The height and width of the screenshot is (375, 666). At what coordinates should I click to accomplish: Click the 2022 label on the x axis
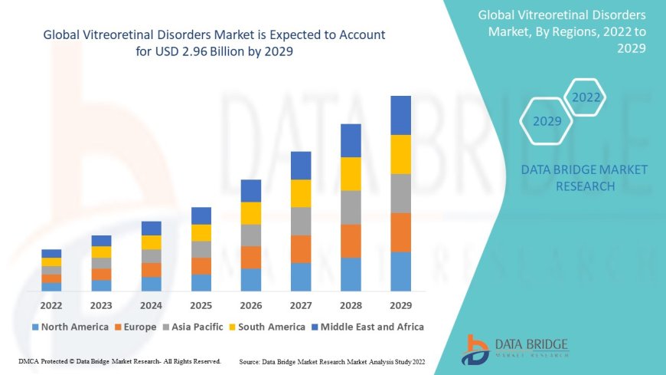pyautogui.click(x=51, y=304)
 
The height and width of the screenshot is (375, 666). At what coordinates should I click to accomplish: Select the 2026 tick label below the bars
pyautogui.click(x=251, y=304)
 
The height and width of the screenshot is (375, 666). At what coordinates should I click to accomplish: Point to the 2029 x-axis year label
pyautogui.click(x=400, y=304)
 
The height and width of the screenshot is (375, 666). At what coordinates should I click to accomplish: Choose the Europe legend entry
pyautogui.click(x=137, y=327)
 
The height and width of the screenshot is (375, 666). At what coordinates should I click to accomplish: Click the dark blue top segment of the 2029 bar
pyautogui.click(x=400, y=115)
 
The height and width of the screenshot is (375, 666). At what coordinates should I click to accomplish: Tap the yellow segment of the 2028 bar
pyautogui.click(x=351, y=173)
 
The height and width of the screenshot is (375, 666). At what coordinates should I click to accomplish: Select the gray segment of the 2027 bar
pyautogui.click(x=301, y=221)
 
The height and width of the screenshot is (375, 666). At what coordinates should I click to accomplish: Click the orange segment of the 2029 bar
pyautogui.click(x=400, y=232)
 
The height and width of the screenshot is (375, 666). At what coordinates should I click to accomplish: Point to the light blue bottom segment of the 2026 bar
pyautogui.click(x=251, y=279)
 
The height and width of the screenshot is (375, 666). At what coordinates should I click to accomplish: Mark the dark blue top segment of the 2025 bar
pyautogui.click(x=201, y=215)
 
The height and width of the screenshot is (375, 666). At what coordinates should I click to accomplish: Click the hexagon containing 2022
pyautogui.click(x=586, y=97)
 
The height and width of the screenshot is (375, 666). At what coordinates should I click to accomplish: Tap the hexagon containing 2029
pyautogui.click(x=547, y=121)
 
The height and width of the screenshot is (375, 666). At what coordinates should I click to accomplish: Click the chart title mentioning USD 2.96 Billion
pyautogui.click(x=214, y=42)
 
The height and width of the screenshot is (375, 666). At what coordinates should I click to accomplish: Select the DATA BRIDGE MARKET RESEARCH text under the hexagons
pyautogui.click(x=584, y=178)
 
